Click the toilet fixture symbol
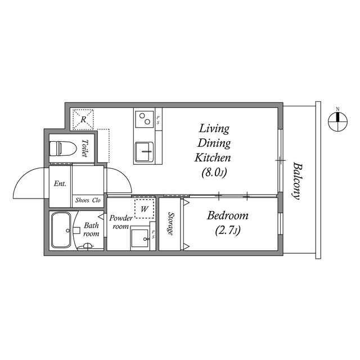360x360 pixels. pyautogui.click(x=62, y=148)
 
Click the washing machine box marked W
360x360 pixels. pyautogui.click(x=145, y=209)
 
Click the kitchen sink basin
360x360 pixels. pyautogui.click(x=144, y=151)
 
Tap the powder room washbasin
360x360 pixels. pyautogui.click(x=141, y=236)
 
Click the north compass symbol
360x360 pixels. pyautogui.click(x=337, y=119)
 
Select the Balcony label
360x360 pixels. pyautogui.click(x=296, y=182)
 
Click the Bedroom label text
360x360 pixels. pyautogui.click(x=227, y=215)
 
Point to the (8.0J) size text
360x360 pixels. pyautogui.click(x=213, y=173)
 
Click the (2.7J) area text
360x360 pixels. pyautogui.click(x=228, y=231)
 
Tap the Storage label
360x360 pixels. pyautogui.click(x=170, y=224)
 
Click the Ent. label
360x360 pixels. pyautogui.click(x=60, y=183)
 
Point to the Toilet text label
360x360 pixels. pyautogui.click(x=85, y=148)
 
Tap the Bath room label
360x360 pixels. pyautogui.click(x=91, y=229)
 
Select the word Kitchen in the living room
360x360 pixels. pyautogui.click(x=213, y=157)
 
